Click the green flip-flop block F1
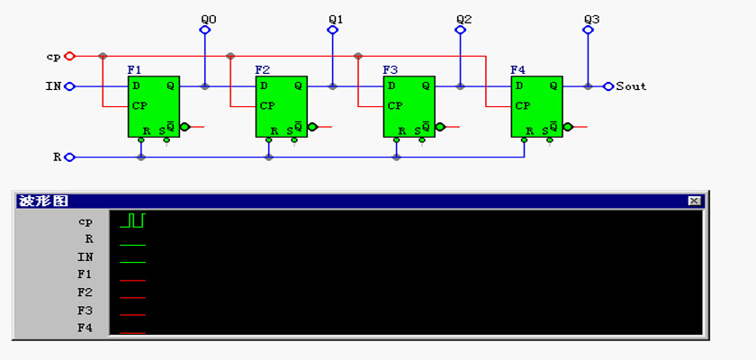(154, 106)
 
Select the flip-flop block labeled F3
(409, 106)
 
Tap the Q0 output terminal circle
(205, 30)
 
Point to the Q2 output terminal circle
(461, 30)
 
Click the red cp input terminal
(70, 56)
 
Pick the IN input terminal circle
(70, 86)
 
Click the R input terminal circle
(70, 157)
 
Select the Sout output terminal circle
(608, 86)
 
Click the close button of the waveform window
(694, 201)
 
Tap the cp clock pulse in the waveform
(132, 220)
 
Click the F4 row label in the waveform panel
(85, 328)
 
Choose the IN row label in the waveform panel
(85, 256)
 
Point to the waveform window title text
(42, 201)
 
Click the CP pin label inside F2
(267, 106)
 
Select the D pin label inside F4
(518, 85)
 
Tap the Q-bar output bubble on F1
(184, 127)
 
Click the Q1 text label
(336, 20)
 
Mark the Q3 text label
(591, 20)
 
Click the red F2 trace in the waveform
(132, 298)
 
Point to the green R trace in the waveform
(132, 245)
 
